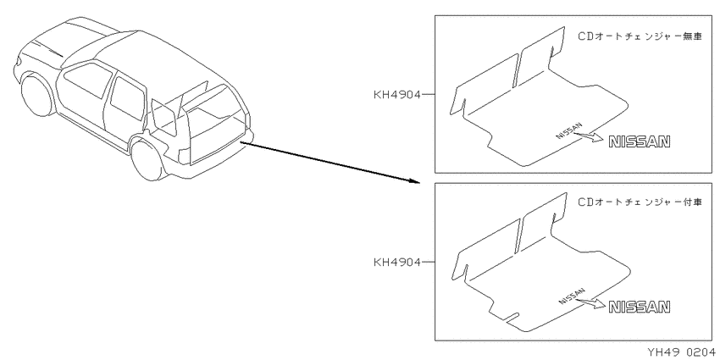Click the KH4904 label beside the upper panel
coord(397,95)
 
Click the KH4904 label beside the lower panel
coord(397,263)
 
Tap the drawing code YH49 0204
coord(681,352)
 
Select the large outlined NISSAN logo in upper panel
coord(640,142)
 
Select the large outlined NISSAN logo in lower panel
coord(640,307)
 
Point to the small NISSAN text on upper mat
coord(569,130)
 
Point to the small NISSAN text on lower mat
coord(572,296)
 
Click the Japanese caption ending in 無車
coord(640,36)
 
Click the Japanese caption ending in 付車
coord(640,202)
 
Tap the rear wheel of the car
coord(146,158)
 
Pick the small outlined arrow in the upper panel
coord(589,136)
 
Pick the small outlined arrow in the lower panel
coord(591,302)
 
